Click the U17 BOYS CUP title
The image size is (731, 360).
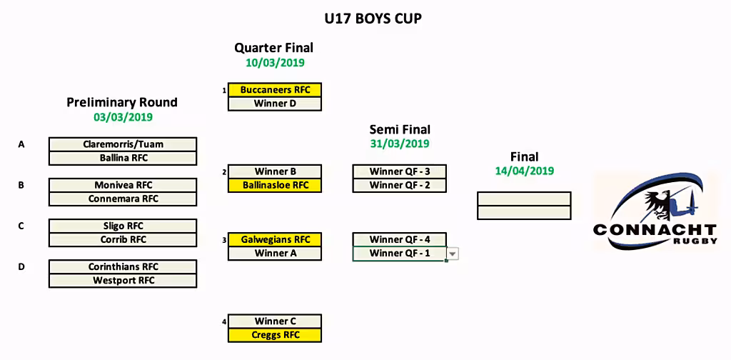(x=373, y=19)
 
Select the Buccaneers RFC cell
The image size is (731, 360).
(x=275, y=90)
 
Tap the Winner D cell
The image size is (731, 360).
(x=275, y=104)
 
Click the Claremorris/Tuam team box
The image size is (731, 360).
(x=123, y=144)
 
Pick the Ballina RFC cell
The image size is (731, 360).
(x=123, y=158)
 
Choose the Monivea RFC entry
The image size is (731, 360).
(x=123, y=185)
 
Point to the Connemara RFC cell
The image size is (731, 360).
(x=123, y=199)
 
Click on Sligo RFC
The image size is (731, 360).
(x=123, y=226)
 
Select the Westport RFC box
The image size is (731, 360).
(x=123, y=281)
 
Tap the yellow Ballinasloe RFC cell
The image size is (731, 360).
(x=275, y=186)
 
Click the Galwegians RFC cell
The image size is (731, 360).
(x=275, y=240)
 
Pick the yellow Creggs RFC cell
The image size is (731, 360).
(x=275, y=335)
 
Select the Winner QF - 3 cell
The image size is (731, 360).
(x=400, y=171)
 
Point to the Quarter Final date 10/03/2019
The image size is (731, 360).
(x=275, y=62)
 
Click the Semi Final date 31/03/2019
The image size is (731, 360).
(x=400, y=144)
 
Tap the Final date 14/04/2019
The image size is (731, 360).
(x=525, y=171)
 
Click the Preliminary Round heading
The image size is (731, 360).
(x=122, y=102)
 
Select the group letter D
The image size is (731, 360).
(x=21, y=267)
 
